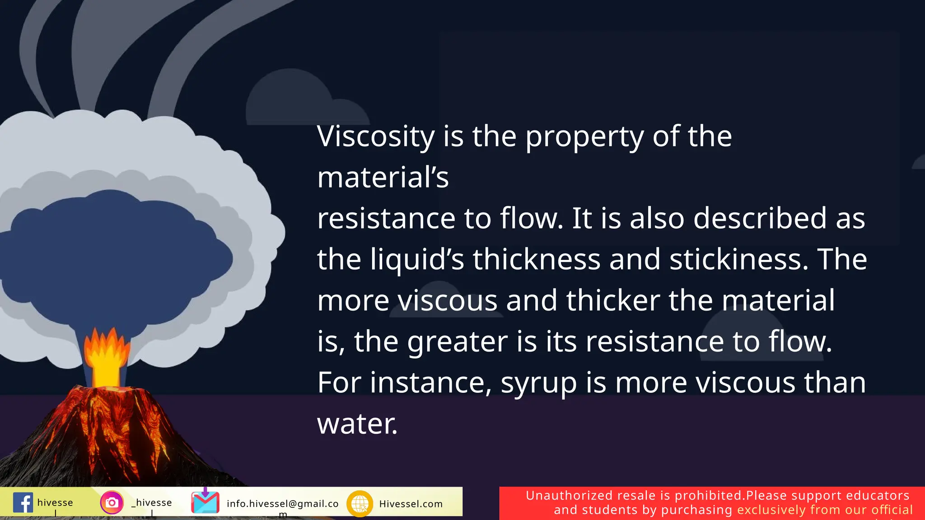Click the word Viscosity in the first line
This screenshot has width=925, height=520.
coord(375,136)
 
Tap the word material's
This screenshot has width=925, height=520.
coord(383,177)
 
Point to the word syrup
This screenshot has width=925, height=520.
coord(538,383)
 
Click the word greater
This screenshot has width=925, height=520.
coord(457,342)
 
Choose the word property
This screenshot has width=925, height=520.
coord(584,136)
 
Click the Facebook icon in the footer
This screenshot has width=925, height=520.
coord(23,502)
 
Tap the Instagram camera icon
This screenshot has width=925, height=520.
coord(112,502)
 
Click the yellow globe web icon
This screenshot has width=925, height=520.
coord(360,503)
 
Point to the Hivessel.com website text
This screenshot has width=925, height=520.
coord(411,504)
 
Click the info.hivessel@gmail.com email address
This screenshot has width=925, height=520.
coord(282,504)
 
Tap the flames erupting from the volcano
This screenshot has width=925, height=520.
coord(107,357)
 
